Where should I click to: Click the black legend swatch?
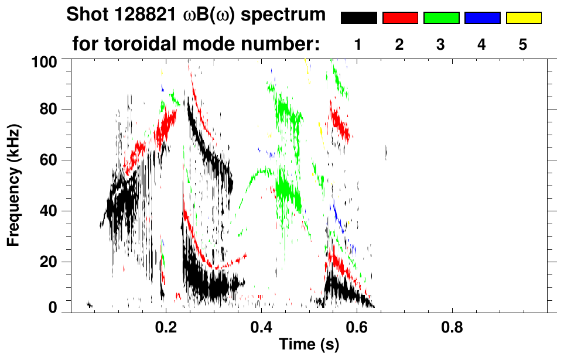pyautogui.click(x=359, y=18)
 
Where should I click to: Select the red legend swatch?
pyautogui.click(x=400, y=18)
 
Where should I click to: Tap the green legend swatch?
pyautogui.click(x=441, y=18)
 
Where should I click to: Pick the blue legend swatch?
pyautogui.click(x=482, y=18)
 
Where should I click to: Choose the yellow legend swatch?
pyautogui.click(x=523, y=18)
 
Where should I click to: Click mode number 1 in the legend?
pyautogui.click(x=358, y=44)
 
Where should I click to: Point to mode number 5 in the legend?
pyautogui.click(x=522, y=44)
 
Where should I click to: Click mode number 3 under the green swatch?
pyautogui.click(x=440, y=44)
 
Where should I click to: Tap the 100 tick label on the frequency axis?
pyautogui.click(x=45, y=61)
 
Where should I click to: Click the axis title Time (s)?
pyautogui.click(x=309, y=346)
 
